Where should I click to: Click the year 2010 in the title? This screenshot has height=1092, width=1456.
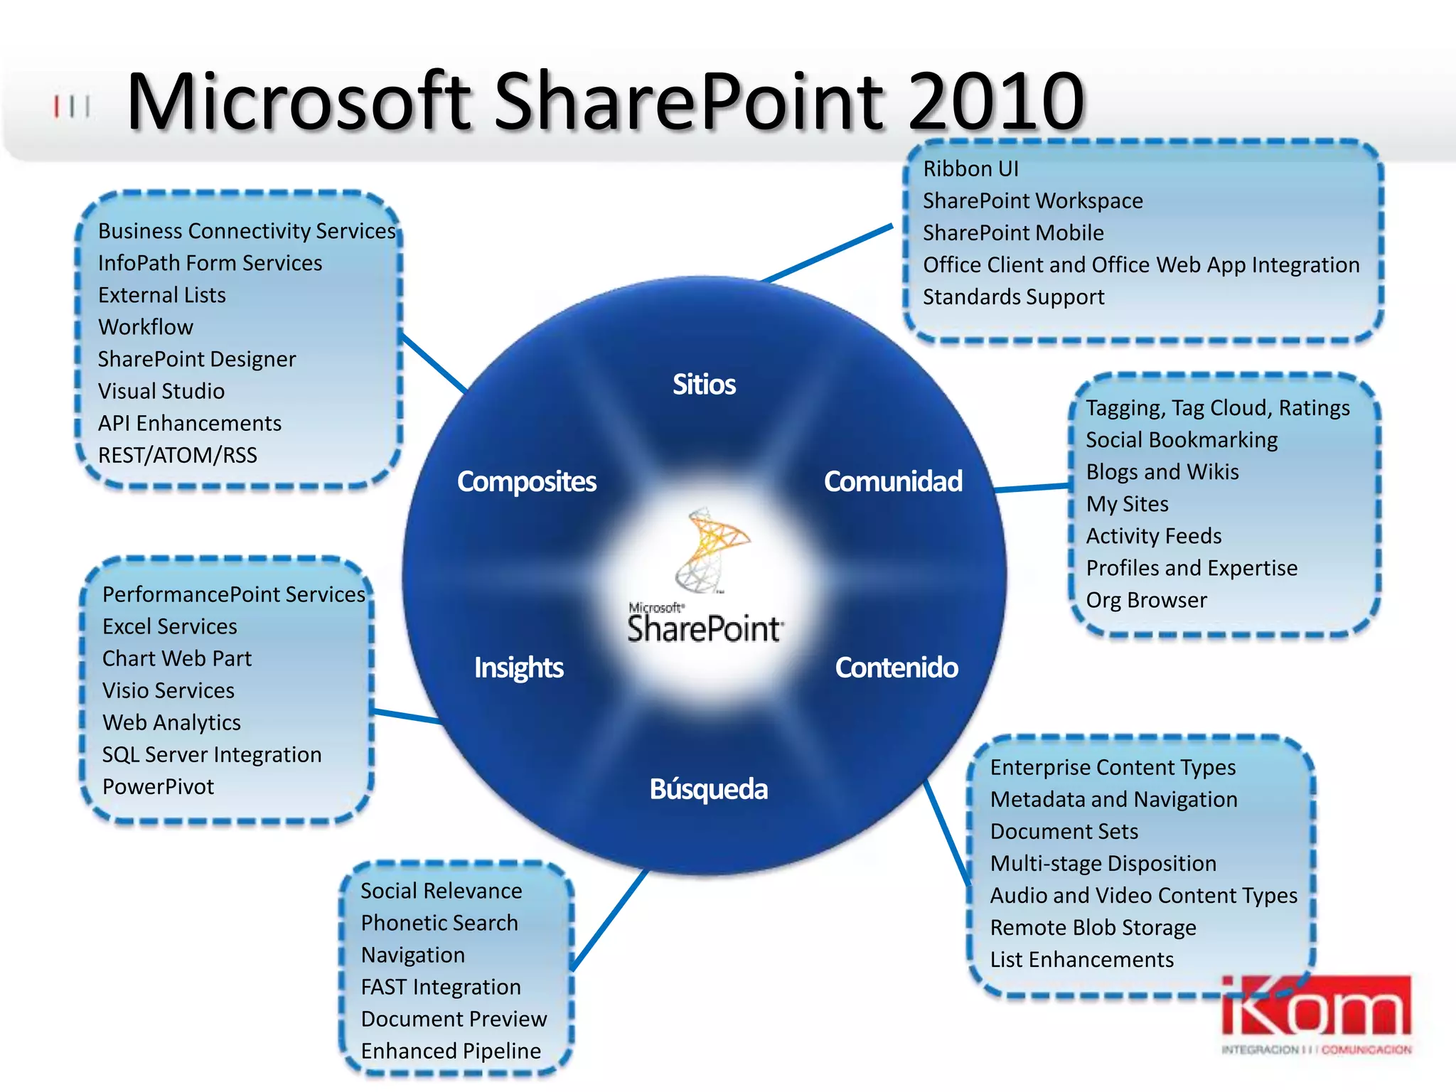coord(995,101)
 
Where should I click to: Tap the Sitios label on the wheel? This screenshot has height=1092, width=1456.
coord(704,385)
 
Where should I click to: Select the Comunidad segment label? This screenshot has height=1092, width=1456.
coord(893,481)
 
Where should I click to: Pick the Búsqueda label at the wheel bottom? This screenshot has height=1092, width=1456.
coord(708,789)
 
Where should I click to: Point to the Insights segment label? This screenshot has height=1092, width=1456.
coord(518,668)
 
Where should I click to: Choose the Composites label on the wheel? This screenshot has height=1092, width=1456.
coord(526,481)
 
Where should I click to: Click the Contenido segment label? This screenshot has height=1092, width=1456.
coord(896,668)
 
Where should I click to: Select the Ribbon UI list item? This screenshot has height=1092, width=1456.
coord(970,169)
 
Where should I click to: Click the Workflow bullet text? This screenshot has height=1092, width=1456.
coord(146,327)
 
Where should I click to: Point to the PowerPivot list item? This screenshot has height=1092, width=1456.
coord(158,786)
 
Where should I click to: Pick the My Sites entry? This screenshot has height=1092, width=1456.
coord(1127,504)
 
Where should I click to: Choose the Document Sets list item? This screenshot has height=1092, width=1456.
coord(1064,831)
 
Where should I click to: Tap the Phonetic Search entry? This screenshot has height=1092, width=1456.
coord(439,923)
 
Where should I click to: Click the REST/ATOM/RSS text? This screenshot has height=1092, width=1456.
coord(178,455)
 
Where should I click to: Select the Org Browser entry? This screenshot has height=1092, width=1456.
coord(1146,600)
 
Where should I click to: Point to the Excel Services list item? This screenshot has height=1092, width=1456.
coord(169,626)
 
